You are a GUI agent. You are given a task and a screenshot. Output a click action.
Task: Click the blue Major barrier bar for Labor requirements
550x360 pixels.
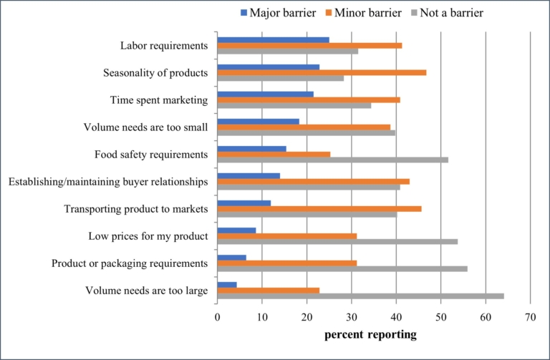(273, 39)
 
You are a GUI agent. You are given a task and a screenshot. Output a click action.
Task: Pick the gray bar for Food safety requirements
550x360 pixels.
(332, 160)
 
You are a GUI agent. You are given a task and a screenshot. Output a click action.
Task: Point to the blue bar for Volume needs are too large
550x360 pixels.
(227, 285)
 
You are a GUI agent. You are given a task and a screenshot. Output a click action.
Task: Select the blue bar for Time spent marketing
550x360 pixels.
(265, 94)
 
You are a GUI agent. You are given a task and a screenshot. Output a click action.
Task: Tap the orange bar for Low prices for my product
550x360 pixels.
(286, 236)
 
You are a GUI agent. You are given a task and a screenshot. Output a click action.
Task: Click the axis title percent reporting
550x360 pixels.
(370, 334)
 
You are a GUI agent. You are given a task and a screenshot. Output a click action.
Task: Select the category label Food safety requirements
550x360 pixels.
(151, 155)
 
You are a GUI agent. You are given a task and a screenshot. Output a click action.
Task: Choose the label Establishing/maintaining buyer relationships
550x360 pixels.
(108, 182)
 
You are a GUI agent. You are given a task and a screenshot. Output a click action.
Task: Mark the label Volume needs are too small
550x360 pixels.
(145, 127)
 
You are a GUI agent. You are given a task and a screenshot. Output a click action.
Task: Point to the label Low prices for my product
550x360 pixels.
(148, 236)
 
